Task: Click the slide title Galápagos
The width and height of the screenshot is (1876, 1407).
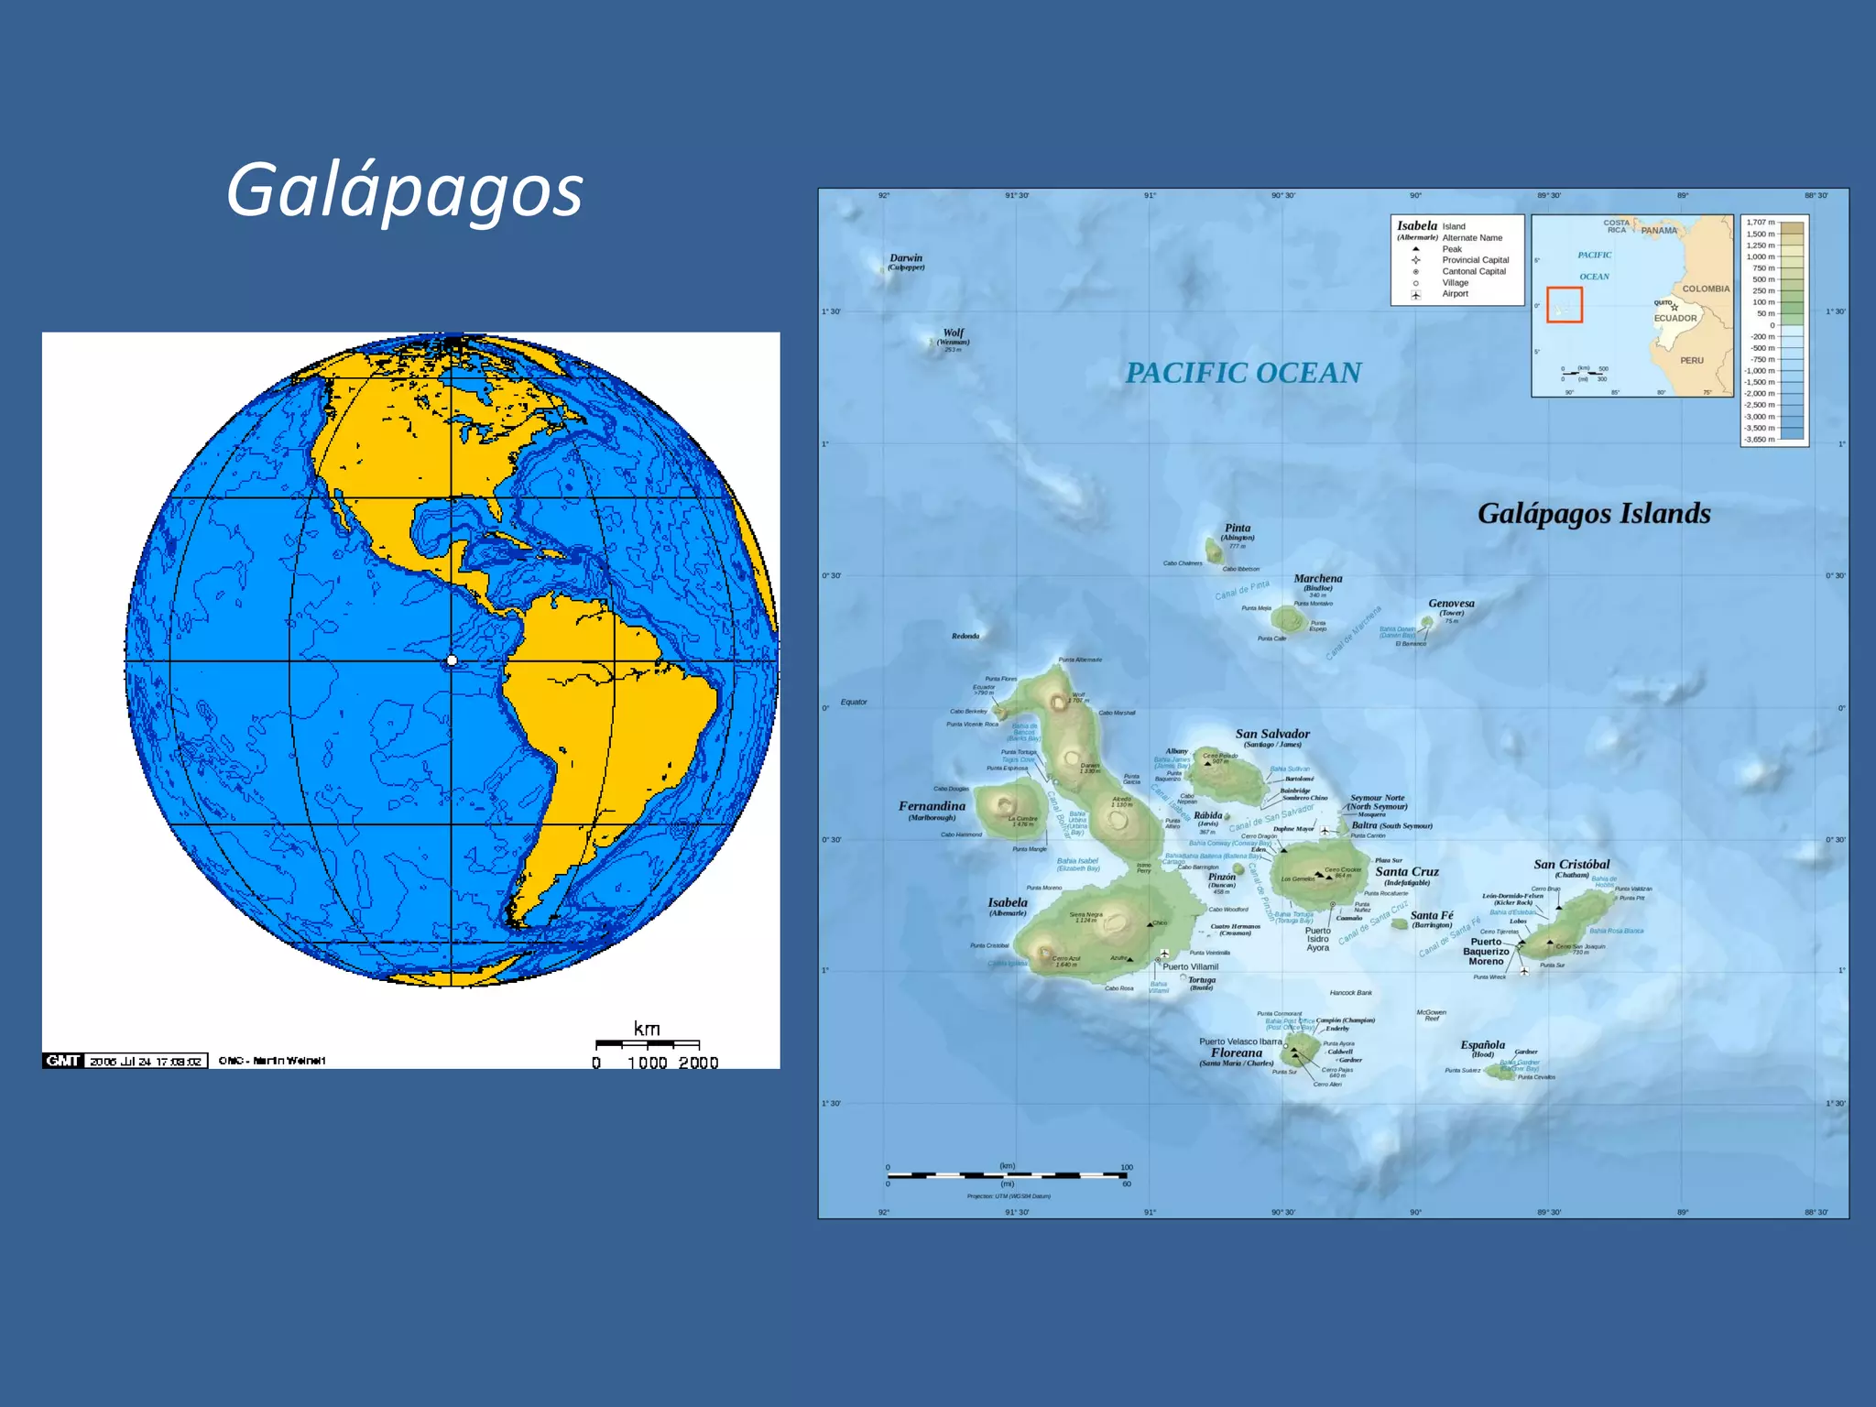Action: [404, 190]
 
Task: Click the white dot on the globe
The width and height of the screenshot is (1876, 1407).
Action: [452, 660]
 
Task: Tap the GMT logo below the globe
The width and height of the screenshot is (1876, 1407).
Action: [62, 1061]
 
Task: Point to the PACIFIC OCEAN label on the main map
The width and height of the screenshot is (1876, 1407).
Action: [1243, 373]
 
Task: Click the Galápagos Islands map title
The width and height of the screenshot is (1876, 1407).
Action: [1594, 514]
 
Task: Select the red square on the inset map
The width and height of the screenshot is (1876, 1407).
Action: [1565, 304]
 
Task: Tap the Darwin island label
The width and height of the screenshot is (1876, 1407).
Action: [906, 258]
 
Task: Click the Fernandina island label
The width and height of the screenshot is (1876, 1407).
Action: [932, 806]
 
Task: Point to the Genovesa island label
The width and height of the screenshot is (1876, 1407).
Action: [1451, 604]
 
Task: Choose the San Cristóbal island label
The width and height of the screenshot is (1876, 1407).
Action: [1571, 865]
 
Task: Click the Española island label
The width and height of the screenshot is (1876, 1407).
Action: [1482, 1045]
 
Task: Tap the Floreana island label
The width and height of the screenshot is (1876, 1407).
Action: [1236, 1053]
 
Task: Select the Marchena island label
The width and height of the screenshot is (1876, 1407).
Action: [1317, 579]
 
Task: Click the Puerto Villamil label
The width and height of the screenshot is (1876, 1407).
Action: [1191, 966]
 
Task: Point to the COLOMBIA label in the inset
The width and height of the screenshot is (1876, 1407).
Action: [1706, 289]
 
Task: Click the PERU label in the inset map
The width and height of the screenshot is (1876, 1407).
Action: [1691, 361]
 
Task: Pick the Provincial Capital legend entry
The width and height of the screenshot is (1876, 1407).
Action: [1475, 260]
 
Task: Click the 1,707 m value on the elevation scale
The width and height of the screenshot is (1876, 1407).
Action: [1760, 223]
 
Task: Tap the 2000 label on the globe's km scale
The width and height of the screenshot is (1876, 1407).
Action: [698, 1063]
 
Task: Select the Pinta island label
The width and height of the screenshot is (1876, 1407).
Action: [1238, 529]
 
